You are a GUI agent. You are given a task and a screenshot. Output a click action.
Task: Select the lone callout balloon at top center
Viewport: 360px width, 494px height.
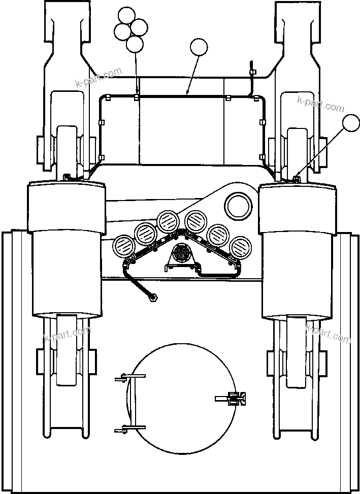click(199, 49)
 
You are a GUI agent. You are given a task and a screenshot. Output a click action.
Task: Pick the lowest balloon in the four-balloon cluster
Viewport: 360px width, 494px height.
click(135, 44)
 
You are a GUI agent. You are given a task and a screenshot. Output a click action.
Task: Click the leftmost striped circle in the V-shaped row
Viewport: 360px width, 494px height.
click(122, 247)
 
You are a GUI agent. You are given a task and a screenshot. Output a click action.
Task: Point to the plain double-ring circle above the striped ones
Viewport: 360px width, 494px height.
click(239, 206)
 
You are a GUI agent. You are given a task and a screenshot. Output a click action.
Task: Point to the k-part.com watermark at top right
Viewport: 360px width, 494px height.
click(320, 104)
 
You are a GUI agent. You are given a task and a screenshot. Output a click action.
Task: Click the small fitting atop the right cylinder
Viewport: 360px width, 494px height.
click(296, 177)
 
